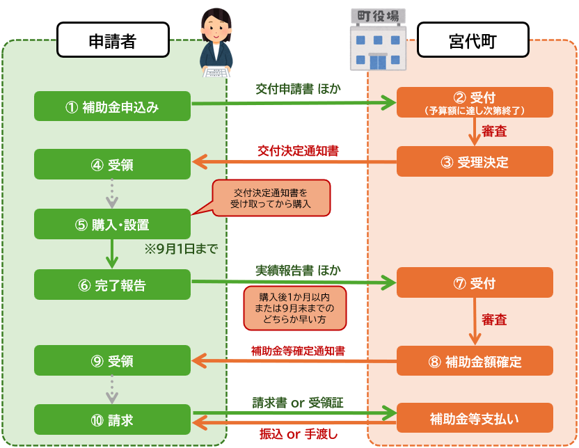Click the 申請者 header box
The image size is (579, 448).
(113, 40)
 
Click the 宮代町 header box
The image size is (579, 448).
(473, 40)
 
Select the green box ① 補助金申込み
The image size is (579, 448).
(112, 106)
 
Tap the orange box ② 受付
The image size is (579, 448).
(475, 102)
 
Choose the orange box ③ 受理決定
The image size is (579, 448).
(475, 161)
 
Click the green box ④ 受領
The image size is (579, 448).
(112, 164)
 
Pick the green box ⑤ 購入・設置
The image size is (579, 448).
(112, 224)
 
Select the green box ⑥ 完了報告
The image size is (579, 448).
(112, 285)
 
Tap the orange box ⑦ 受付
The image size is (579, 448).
(475, 282)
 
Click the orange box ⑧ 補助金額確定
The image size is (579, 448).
(475, 360)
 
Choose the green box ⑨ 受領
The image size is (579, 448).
(112, 360)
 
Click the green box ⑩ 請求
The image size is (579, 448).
(112, 419)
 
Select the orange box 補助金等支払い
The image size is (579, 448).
(475, 418)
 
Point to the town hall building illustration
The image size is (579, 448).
(378, 40)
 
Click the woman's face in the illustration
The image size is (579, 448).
(216, 29)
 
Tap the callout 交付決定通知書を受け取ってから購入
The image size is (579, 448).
(271, 198)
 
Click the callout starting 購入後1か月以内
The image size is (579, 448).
(294, 308)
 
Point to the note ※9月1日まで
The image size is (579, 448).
(181, 249)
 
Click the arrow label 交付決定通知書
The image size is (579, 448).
(298, 151)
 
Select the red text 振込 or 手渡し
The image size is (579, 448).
(299, 434)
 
